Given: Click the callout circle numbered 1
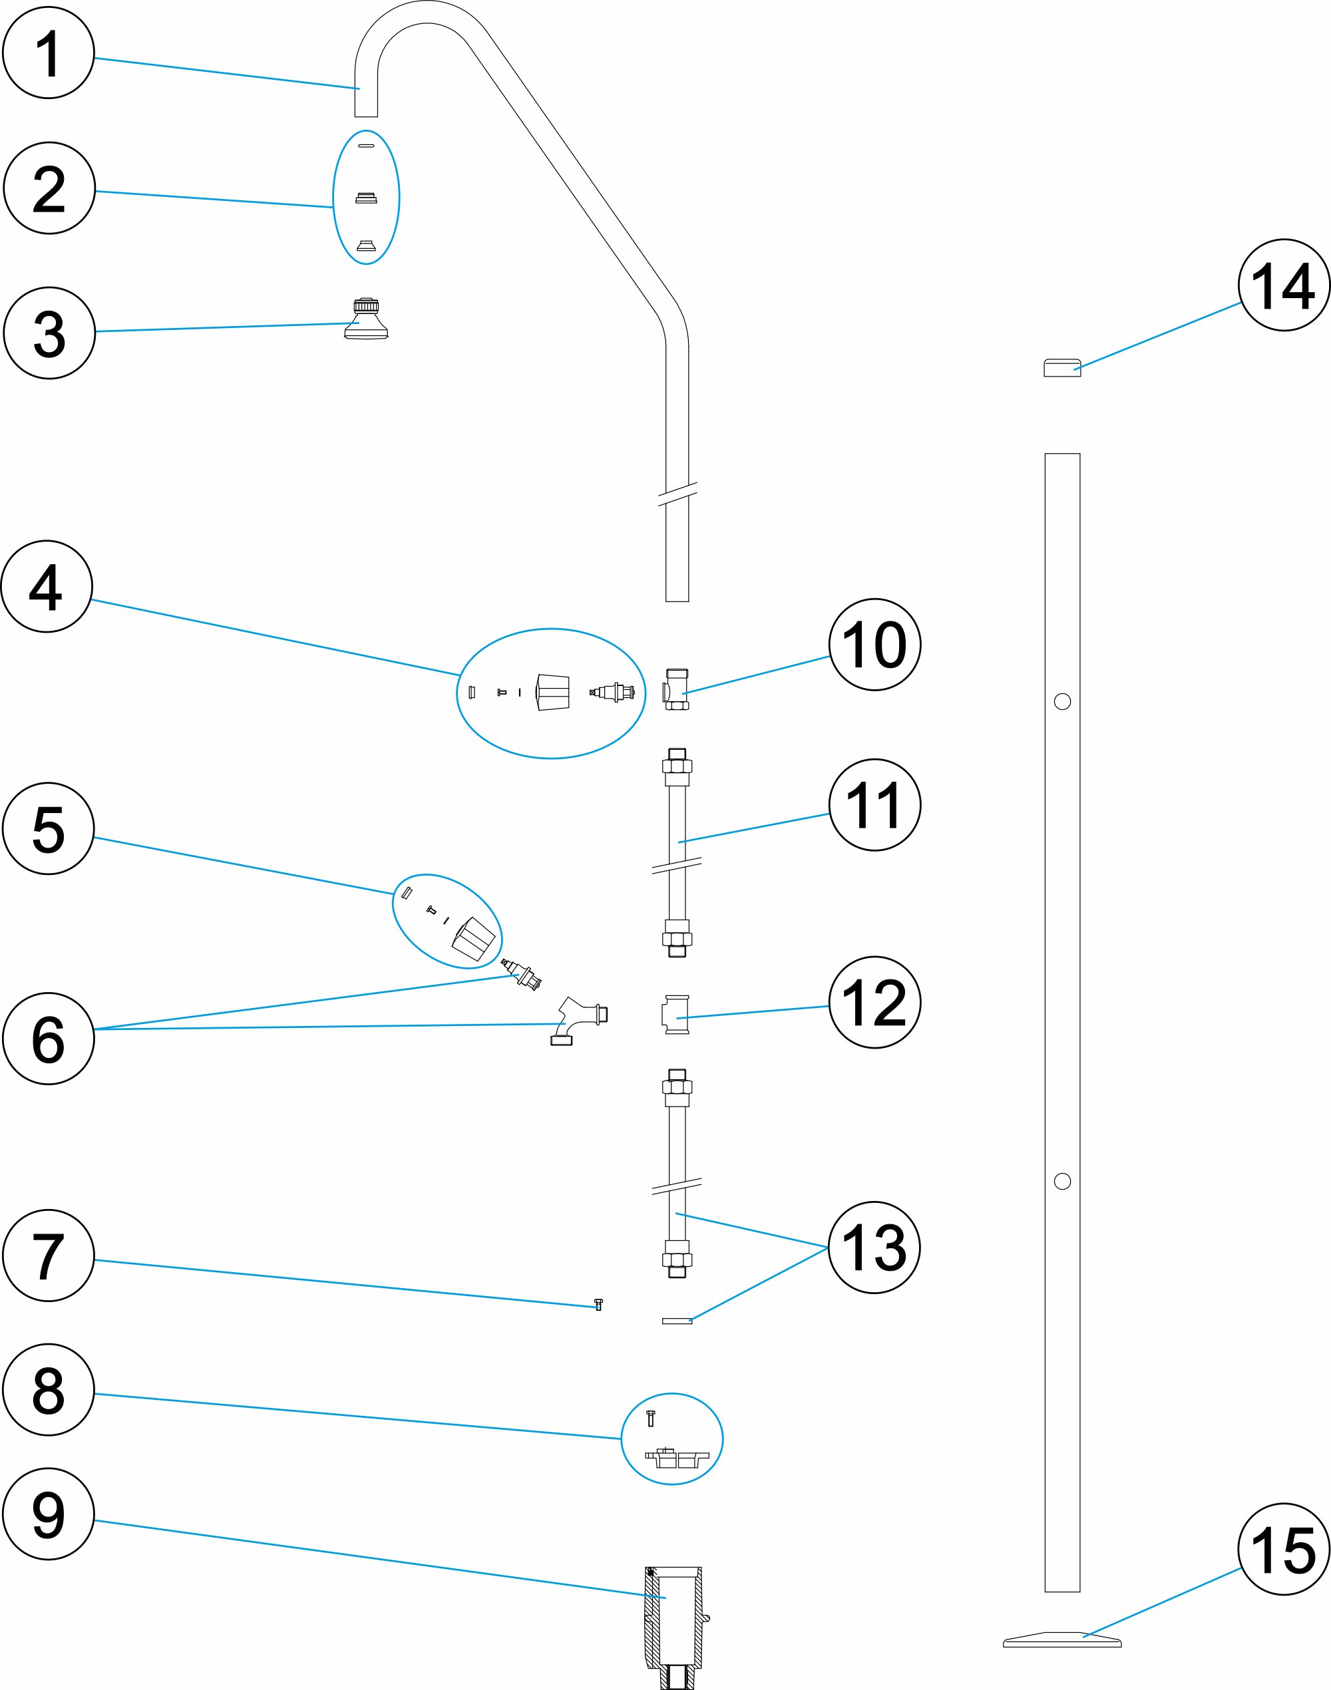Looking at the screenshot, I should [49, 53].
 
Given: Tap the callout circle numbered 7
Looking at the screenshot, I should [49, 1256].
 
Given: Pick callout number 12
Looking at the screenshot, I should [874, 1002].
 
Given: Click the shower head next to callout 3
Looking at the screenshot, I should [366, 320].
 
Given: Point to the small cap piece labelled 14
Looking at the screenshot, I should [1062, 367].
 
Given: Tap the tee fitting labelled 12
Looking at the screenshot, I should [676, 1015].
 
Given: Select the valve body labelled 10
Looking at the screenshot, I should [676, 689].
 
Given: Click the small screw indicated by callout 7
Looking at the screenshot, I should [598, 1303].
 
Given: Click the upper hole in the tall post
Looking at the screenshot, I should [1062, 701].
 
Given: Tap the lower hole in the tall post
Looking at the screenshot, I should [1062, 1181].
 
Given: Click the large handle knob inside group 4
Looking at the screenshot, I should [553, 692].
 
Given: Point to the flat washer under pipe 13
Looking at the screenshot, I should [676, 1321].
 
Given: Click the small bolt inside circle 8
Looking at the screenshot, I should [652, 1417].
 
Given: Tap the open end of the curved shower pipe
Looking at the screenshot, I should [366, 114].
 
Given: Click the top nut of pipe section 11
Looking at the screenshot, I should [676, 765].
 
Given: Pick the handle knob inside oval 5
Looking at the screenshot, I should [473, 939].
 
